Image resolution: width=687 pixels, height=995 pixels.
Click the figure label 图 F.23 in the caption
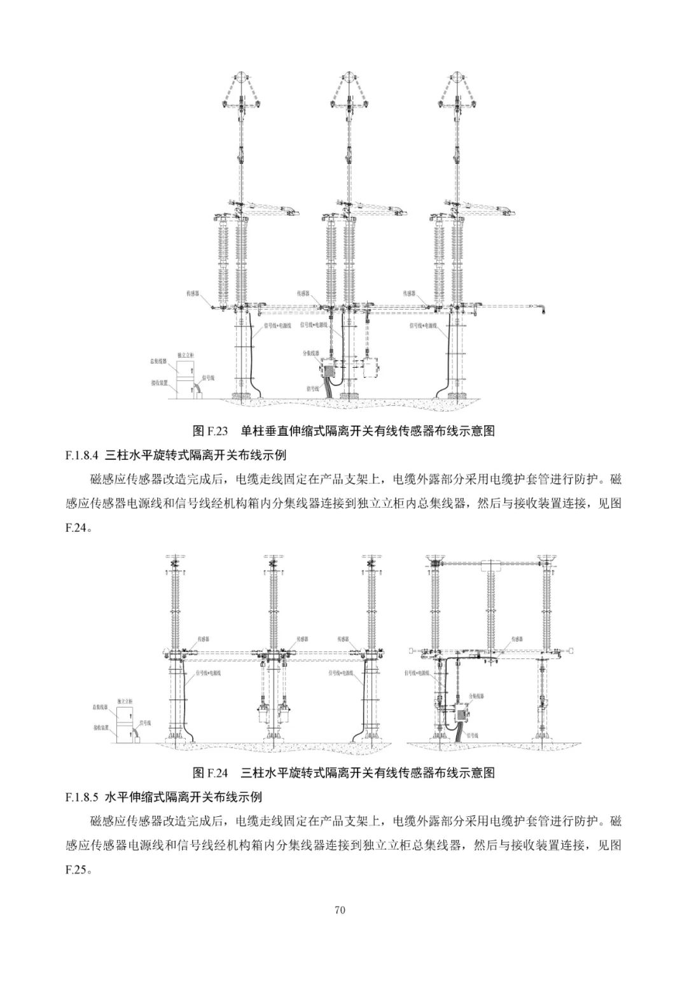pos(209,431)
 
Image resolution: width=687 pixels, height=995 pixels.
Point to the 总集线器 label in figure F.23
pos(158,361)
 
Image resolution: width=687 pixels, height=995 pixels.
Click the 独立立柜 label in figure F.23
pos(185,354)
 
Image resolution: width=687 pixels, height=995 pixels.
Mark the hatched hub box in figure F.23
pos(330,368)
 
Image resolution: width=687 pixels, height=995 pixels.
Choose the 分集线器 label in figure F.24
pos(476,697)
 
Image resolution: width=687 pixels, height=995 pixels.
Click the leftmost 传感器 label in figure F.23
pos(193,294)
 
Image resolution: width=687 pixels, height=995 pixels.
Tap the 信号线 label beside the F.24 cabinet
pos(145,723)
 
